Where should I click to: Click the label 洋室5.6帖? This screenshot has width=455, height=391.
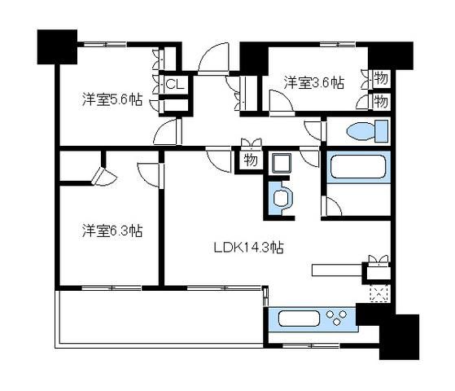(112, 100)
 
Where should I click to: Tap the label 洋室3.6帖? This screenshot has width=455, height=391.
(313, 82)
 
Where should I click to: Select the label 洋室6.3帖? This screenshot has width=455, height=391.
(112, 231)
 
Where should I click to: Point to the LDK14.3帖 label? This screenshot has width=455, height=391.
(250, 246)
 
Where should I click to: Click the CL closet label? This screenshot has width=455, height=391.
(175, 84)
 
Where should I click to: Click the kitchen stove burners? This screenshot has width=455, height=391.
(335, 316)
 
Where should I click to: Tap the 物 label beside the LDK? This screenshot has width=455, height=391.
(251, 160)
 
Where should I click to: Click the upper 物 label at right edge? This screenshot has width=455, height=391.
(380, 79)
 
